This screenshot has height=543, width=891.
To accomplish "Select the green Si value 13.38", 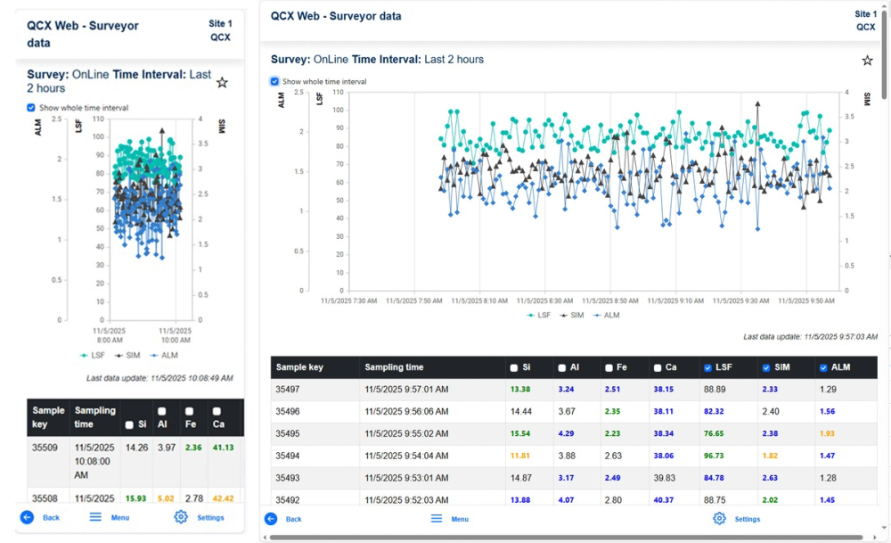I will click(521, 390).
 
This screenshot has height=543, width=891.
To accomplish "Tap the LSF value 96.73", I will click(714, 456).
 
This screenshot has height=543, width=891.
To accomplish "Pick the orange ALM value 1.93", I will click(828, 433).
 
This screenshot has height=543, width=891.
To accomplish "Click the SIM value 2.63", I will click(771, 478).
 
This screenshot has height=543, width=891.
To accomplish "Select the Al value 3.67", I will click(568, 412).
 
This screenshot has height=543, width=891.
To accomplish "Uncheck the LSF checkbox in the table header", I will click(707, 367).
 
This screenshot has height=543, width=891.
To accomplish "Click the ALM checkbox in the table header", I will click(823, 367).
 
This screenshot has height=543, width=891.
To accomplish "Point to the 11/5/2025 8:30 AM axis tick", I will click(545, 301).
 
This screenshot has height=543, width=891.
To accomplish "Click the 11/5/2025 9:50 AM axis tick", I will click(806, 301).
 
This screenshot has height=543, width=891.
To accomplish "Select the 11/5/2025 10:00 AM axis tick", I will click(176, 334).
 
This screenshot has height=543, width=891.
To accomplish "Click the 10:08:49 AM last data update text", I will click(159, 378).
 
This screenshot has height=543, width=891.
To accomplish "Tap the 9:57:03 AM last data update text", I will click(810, 336).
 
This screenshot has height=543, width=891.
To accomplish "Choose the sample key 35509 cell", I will click(45, 448).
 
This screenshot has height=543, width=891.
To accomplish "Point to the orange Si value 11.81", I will click(521, 456).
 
